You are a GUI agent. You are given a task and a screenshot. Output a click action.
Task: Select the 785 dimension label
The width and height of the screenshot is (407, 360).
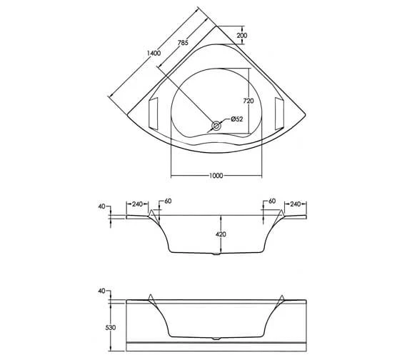(182, 44)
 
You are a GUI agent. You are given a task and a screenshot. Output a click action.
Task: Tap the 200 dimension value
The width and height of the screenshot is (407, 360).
(242, 36)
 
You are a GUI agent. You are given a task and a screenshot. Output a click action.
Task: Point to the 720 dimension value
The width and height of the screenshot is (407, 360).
(248, 101)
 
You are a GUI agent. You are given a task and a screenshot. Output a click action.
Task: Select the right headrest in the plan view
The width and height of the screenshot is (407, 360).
(280, 112)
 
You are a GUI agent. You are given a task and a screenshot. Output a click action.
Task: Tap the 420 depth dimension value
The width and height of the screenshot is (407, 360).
(221, 234)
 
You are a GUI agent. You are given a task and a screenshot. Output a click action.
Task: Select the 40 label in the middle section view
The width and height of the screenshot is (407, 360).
(102, 206)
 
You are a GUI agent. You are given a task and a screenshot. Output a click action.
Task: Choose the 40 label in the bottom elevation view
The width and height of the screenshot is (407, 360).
(102, 291)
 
